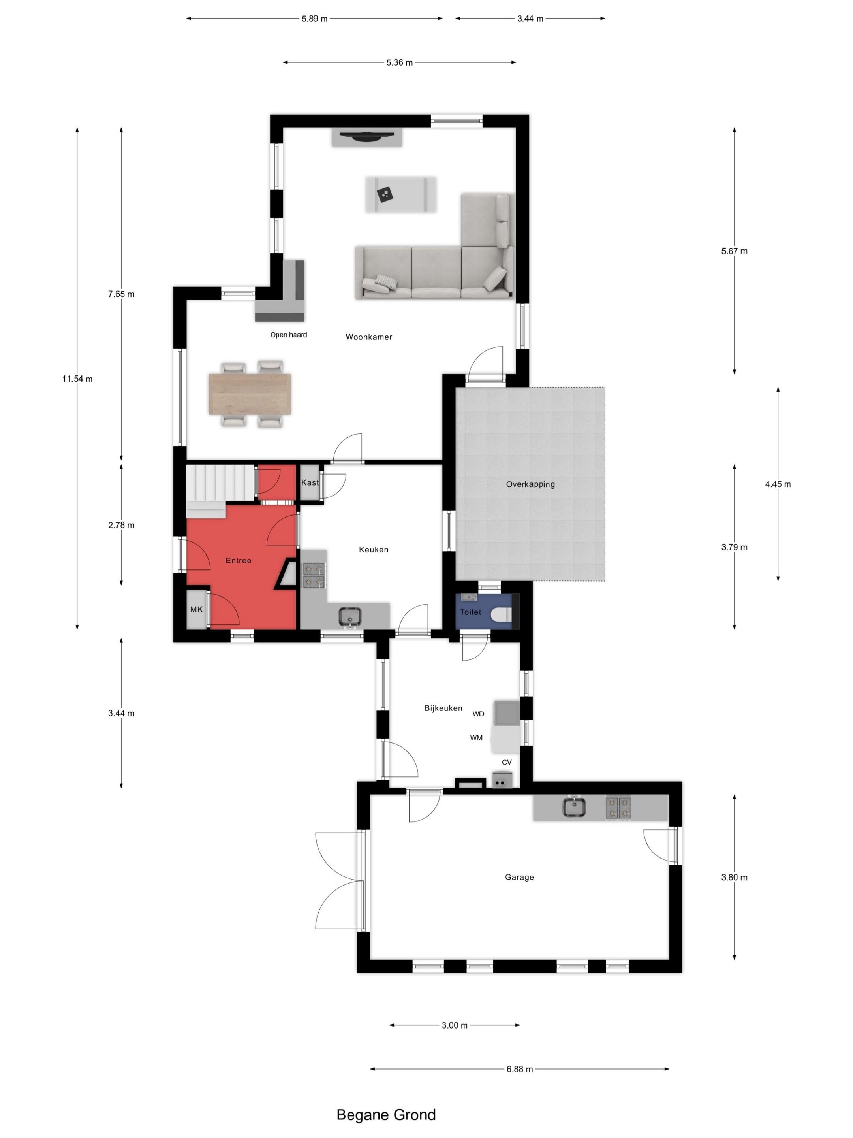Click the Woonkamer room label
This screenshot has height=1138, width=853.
pyautogui.click(x=369, y=337)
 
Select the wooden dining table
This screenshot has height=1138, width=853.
pyautogui.click(x=249, y=394)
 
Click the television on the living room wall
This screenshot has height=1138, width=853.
pyautogui.click(x=366, y=136)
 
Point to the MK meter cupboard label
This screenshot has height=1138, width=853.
pyautogui.click(x=196, y=609)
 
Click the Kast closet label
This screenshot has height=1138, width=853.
pyautogui.click(x=310, y=482)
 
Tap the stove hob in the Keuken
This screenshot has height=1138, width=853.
pyautogui.click(x=314, y=575)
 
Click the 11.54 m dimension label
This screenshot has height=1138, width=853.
pyautogui.click(x=77, y=379)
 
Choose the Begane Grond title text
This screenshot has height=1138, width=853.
pyautogui.click(x=386, y=1114)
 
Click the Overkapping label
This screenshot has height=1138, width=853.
pyautogui.click(x=530, y=484)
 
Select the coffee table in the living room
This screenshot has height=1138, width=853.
pyautogui.click(x=401, y=194)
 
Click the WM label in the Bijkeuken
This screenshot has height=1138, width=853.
pyautogui.click(x=476, y=738)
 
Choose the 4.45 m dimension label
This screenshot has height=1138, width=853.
pyautogui.click(x=778, y=484)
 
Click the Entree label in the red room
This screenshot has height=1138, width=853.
pyautogui.click(x=239, y=560)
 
